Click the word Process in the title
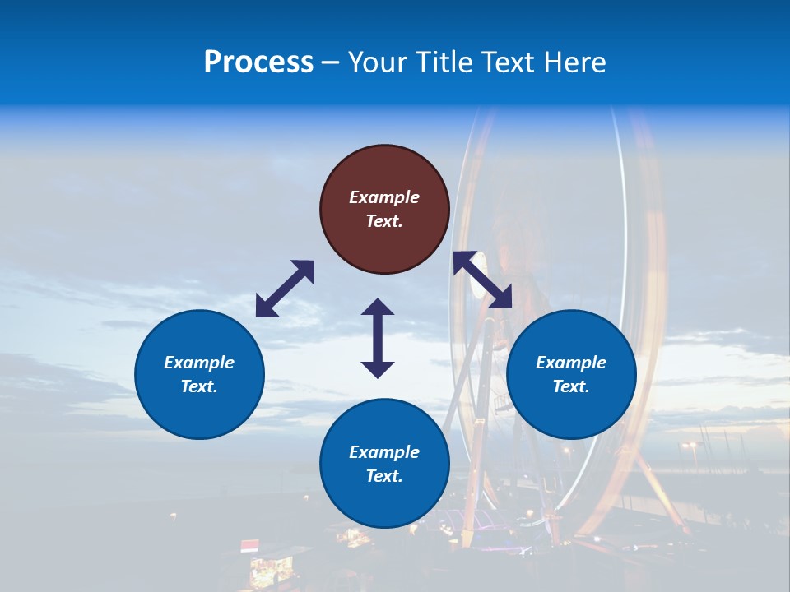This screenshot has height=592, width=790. click(258, 62)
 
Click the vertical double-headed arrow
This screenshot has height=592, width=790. click(378, 338)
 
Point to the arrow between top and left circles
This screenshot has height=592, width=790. click(285, 289)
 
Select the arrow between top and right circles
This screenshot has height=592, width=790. click(482, 280)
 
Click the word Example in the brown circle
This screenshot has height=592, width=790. click(384, 197)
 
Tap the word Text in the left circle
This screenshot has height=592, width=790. click(199, 386)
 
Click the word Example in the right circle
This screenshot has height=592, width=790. click(571, 363)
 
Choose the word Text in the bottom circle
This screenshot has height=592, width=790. click(384, 476)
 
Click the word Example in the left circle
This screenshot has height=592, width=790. click(199, 363)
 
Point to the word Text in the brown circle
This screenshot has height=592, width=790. click(384, 221)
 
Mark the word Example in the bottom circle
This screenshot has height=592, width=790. click(384, 452)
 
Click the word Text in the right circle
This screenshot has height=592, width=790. click(571, 386)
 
